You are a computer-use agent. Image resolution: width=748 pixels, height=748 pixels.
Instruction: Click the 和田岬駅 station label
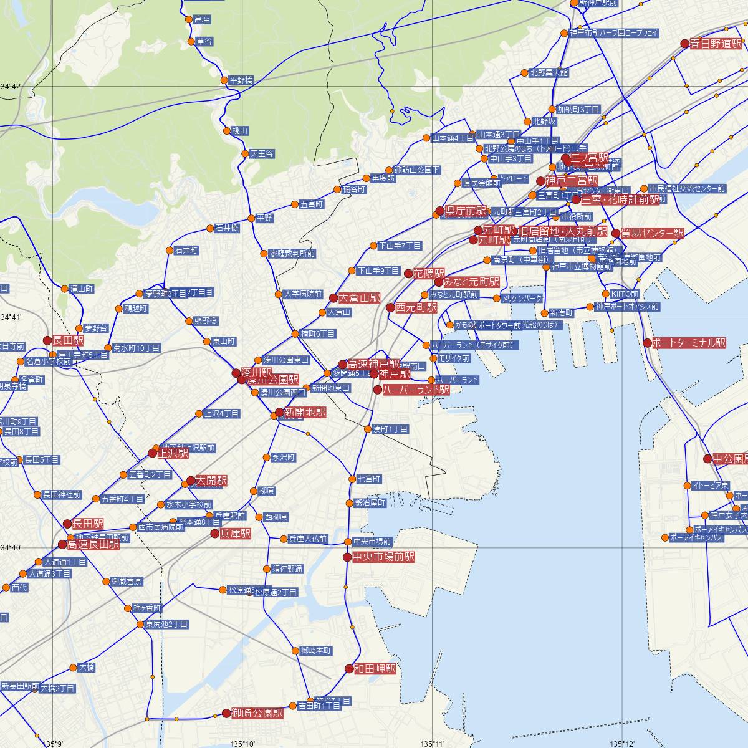(375, 669)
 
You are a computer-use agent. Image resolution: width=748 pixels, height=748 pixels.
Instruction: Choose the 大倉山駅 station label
(359, 298)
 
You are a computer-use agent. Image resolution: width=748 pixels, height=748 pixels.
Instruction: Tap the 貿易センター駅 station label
(652, 233)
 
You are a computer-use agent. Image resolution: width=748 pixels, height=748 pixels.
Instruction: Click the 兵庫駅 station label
(236, 534)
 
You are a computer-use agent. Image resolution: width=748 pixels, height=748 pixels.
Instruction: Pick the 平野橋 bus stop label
(241, 80)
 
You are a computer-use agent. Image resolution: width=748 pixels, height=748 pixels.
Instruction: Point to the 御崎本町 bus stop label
(316, 650)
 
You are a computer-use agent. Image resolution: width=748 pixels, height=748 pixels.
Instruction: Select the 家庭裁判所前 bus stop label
(292, 254)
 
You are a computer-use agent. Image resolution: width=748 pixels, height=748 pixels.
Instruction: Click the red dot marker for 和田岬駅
(348, 669)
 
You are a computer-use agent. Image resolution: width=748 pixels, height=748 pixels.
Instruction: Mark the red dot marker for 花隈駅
(408, 273)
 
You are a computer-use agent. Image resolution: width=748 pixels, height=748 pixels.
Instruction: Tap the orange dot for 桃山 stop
(227, 131)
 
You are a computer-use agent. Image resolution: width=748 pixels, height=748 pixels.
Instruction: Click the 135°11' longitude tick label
(433, 744)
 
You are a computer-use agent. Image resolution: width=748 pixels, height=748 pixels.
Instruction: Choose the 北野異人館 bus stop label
(549, 72)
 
